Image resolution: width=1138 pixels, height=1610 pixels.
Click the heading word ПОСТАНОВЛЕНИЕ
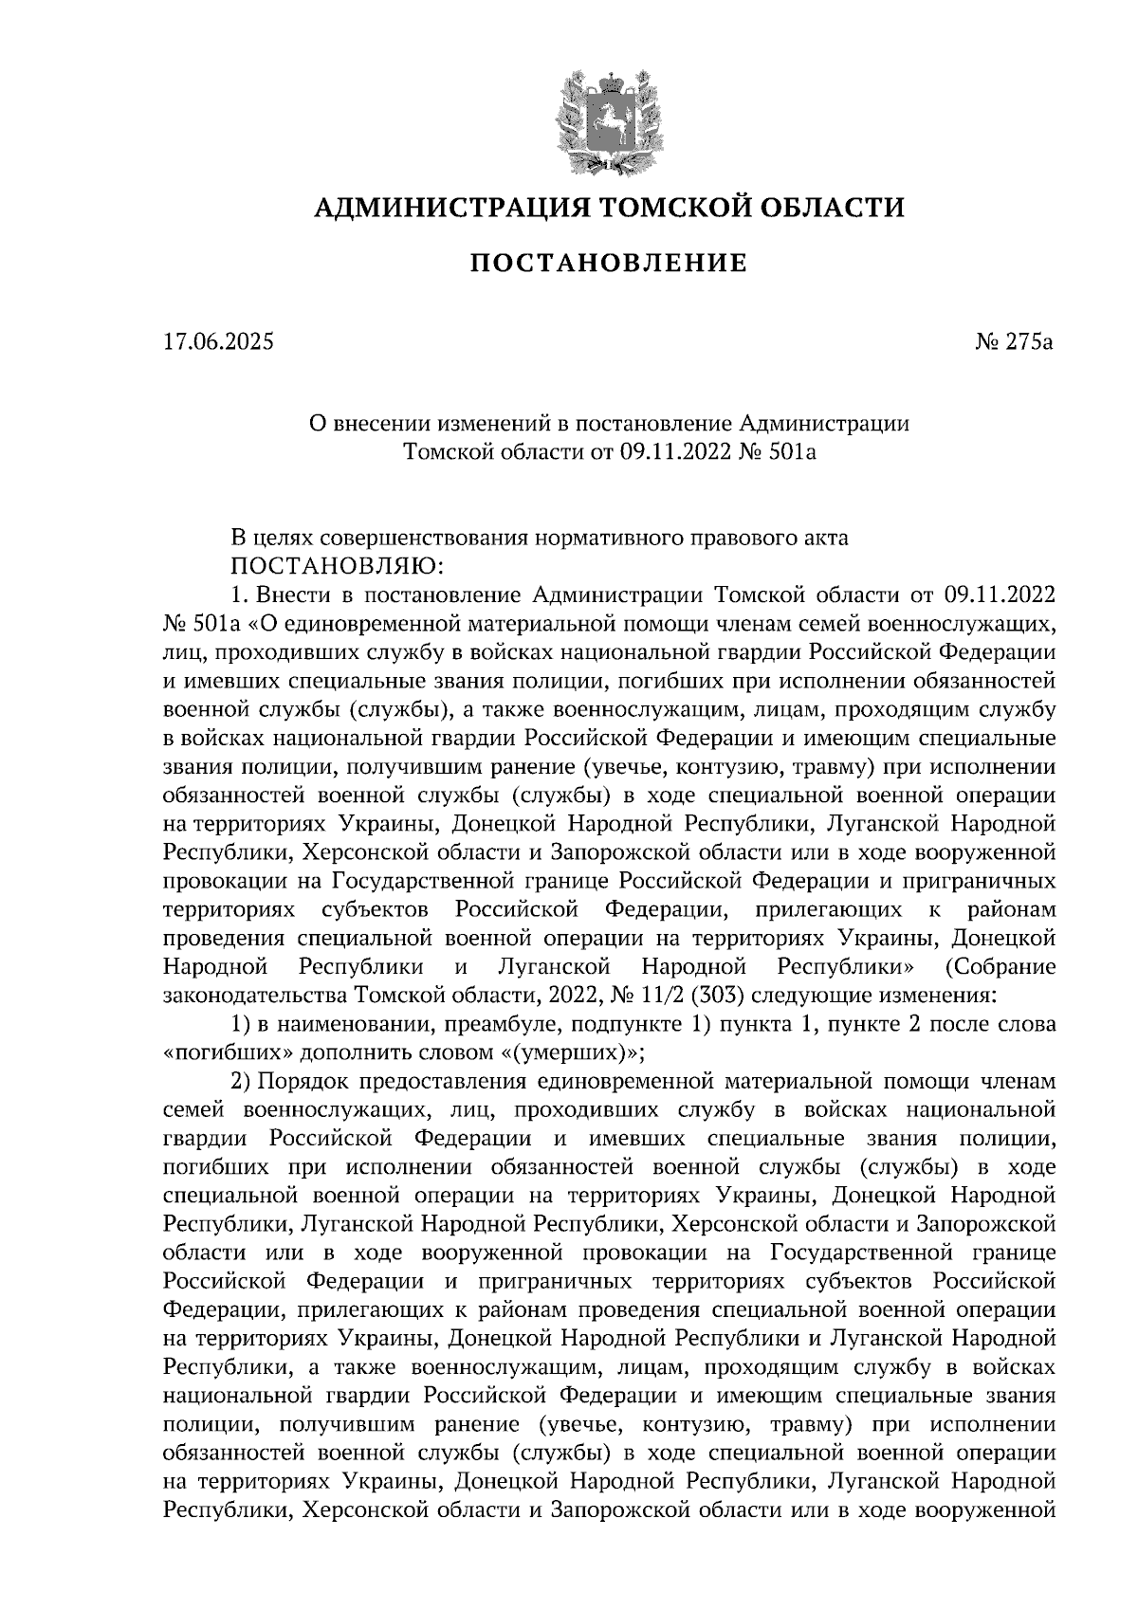(x=608, y=264)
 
